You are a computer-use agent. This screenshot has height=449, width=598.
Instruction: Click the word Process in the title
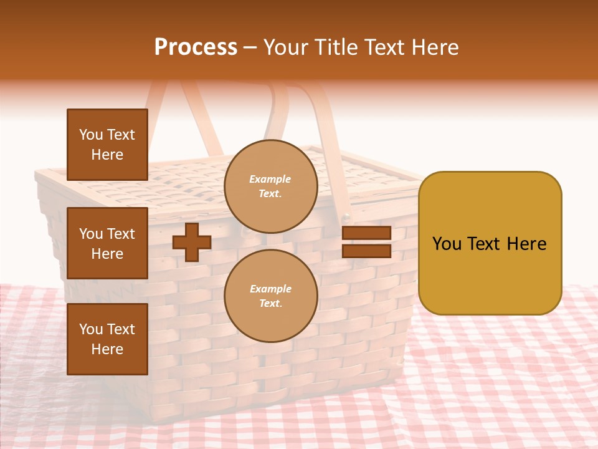coord(196,47)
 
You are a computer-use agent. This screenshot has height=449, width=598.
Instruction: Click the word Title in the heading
coord(336,47)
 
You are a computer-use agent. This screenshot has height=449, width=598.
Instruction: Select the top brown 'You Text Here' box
coord(107,145)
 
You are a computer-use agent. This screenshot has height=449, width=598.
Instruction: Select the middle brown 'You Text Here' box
coord(107,243)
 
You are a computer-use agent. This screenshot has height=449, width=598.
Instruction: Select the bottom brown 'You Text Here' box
coord(107,339)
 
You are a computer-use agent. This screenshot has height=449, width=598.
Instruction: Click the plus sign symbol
coord(192,242)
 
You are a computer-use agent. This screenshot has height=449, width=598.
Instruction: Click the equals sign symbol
coord(366,242)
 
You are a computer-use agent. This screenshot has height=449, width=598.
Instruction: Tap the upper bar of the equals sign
coord(366,233)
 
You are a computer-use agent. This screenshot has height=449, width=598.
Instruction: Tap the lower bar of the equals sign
coord(366,251)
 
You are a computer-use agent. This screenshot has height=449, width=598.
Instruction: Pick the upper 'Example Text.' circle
coord(271,186)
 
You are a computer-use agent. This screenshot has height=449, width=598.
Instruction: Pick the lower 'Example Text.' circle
coord(271,296)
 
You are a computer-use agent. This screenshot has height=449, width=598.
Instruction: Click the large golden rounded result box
coord(490,243)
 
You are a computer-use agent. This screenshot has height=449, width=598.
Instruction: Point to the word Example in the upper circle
coord(270,179)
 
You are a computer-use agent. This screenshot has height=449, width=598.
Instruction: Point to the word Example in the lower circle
coord(270,289)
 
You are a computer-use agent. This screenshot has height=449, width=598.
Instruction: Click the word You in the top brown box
coord(91,135)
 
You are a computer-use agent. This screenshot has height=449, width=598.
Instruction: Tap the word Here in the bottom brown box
coord(107,349)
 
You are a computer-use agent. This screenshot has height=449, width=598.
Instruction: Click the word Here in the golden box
coord(526,244)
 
